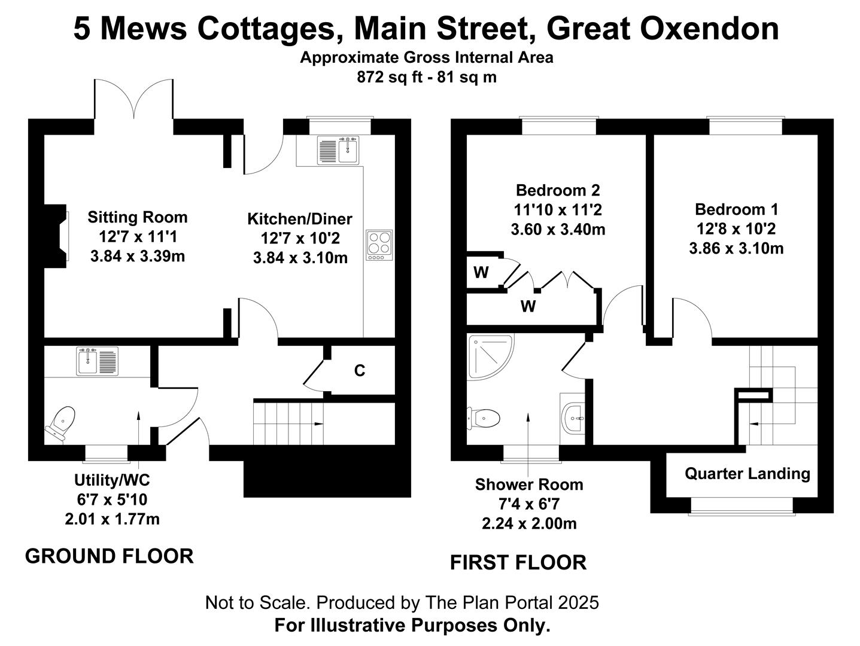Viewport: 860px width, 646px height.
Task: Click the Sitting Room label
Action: tap(138, 217)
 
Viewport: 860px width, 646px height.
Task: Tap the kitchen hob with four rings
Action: tap(379, 245)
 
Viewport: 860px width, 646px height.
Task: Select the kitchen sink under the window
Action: tap(338, 150)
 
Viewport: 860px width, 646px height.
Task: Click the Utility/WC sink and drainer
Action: tap(98, 361)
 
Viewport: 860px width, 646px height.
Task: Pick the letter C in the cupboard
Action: tap(360, 370)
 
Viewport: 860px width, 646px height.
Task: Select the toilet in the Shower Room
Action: tap(484, 419)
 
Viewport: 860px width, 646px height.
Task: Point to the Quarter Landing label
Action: tap(747, 474)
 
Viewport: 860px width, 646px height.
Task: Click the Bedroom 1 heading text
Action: tap(736, 209)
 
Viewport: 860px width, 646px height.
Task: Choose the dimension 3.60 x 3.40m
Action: tap(558, 229)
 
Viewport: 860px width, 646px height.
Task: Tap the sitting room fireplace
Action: tap(56, 236)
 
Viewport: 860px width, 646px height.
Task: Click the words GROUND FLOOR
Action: tap(110, 556)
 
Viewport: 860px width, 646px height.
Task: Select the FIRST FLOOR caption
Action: tap(518, 562)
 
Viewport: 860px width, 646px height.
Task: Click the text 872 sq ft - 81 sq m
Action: tap(427, 77)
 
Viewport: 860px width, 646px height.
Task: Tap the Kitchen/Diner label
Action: tap(300, 220)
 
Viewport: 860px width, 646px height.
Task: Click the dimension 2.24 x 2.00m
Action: tap(529, 524)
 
